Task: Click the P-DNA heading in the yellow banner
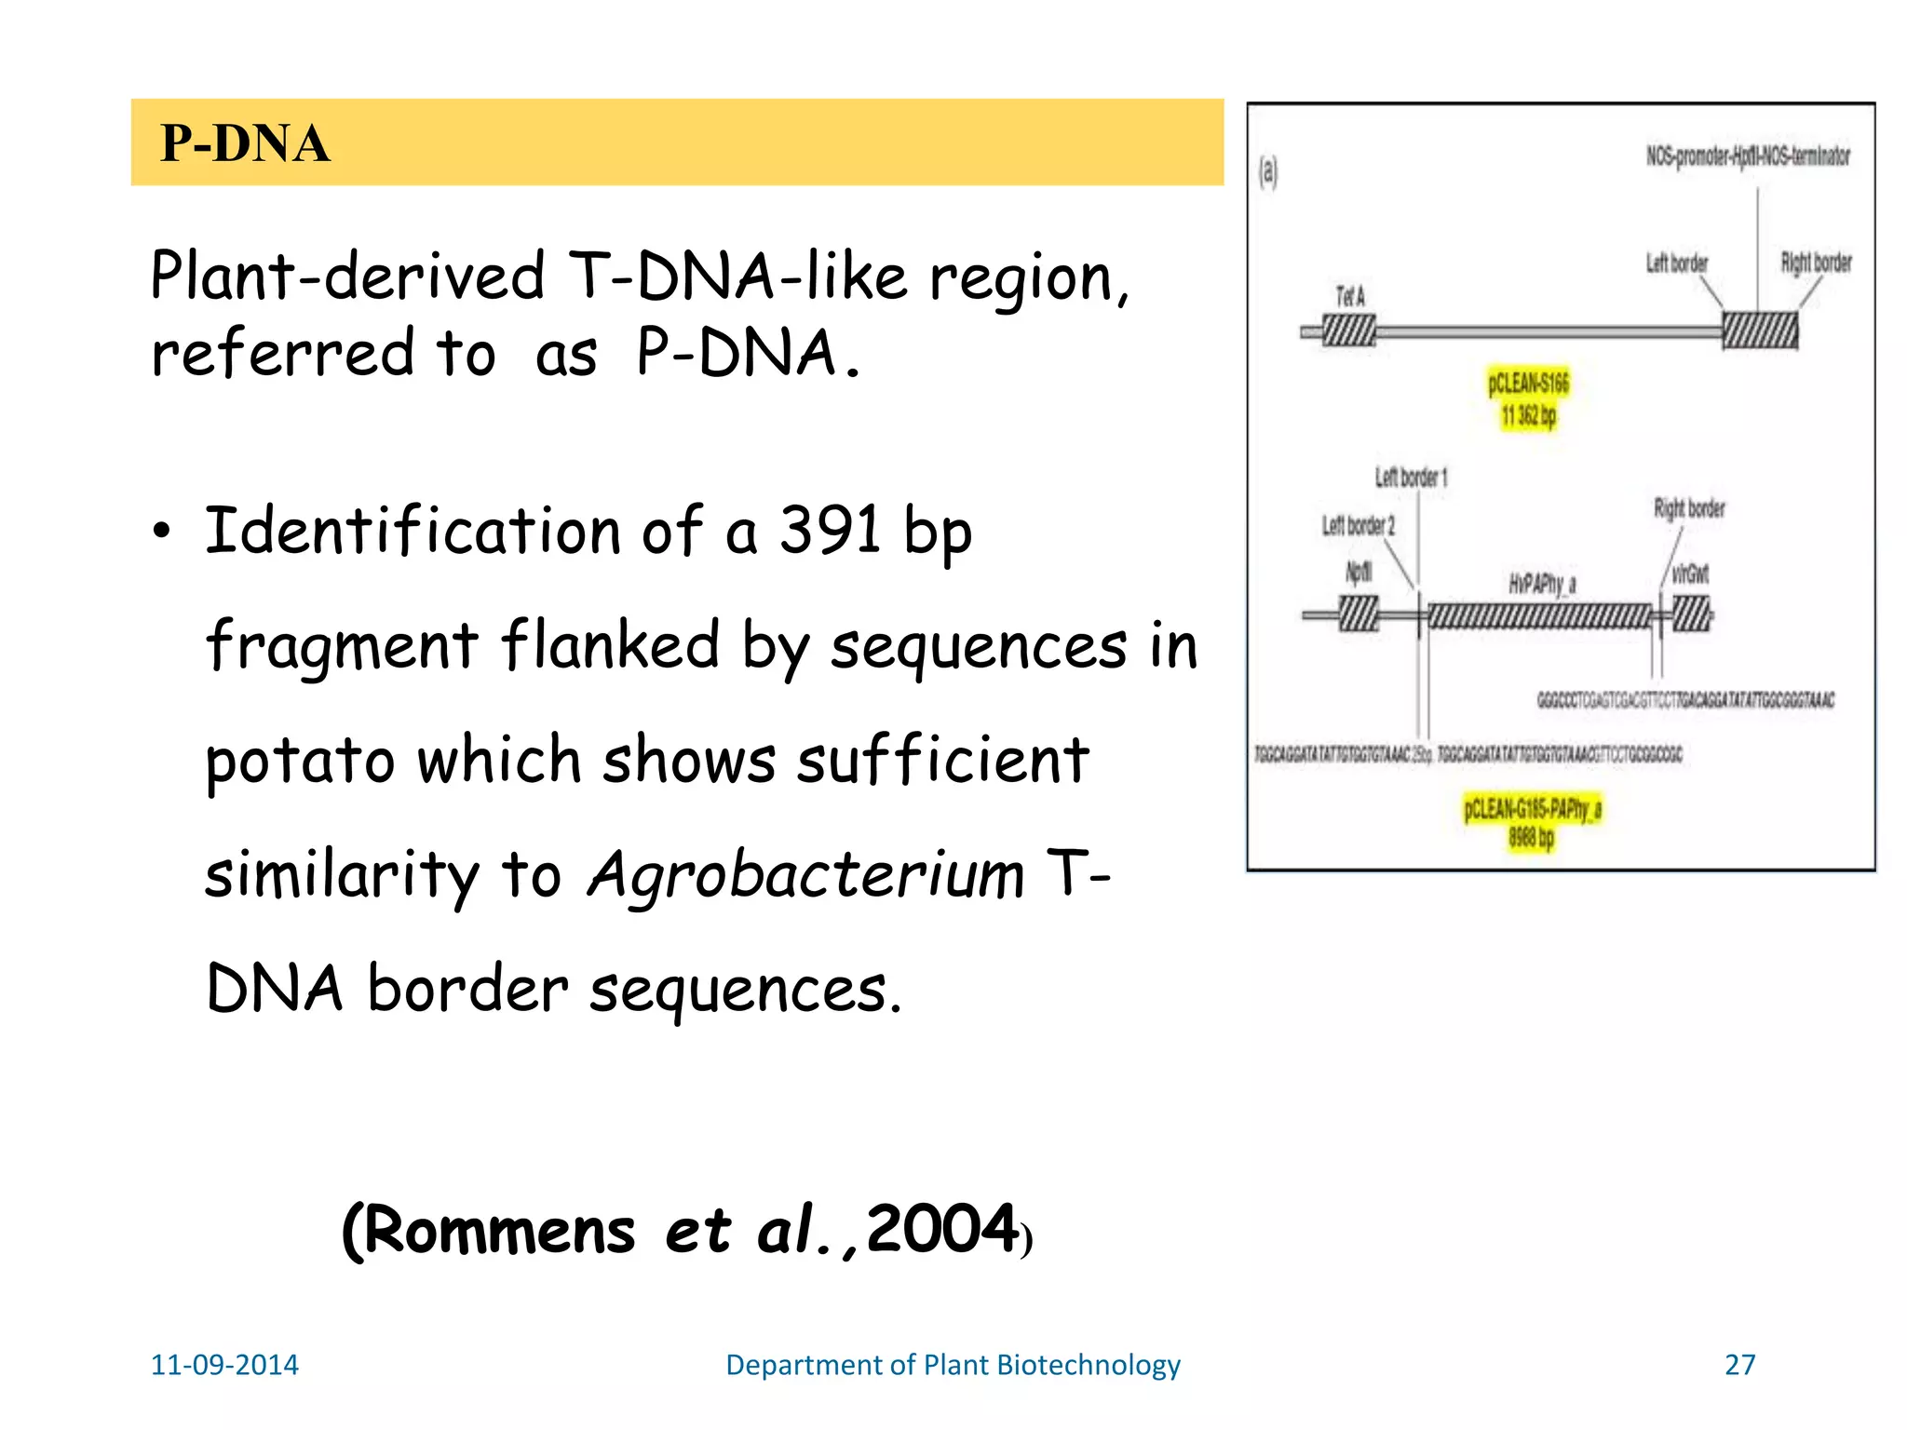click(x=245, y=143)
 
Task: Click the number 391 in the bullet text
click(x=829, y=530)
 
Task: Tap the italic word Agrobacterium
click(x=806, y=875)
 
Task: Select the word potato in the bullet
click(x=300, y=761)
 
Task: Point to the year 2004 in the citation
click(x=942, y=1229)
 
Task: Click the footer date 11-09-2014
click(x=224, y=1364)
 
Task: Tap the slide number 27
click(x=1739, y=1364)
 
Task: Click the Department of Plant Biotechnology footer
click(x=953, y=1364)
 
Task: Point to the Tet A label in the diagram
click(x=1349, y=297)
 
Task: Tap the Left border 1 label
click(x=1411, y=478)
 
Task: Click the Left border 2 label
click(x=1359, y=526)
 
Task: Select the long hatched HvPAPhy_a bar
click(x=1538, y=615)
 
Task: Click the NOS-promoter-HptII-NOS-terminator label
click(x=1748, y=156)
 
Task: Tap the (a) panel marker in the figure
click(x=1268, y=171)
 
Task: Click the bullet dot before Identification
click(x=163, y=531)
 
